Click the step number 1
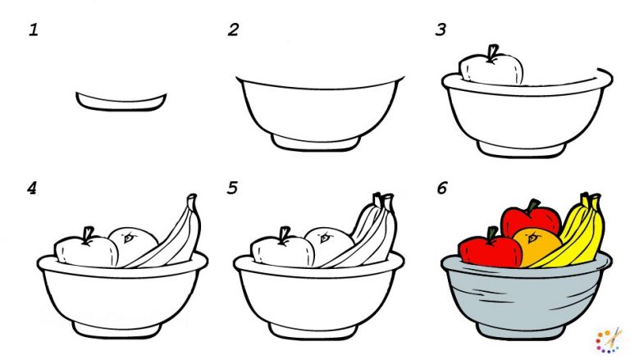[x=34, y=31]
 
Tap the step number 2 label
[x=234, y=31]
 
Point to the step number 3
[x=441, y=31]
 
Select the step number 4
[x=32, y=189]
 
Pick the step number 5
[x=234, y=189]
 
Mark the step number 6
[x=442, y=189]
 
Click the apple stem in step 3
[x=492, y=53]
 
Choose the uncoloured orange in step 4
[x=134, y=242]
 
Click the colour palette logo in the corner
[x=609, y=339]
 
